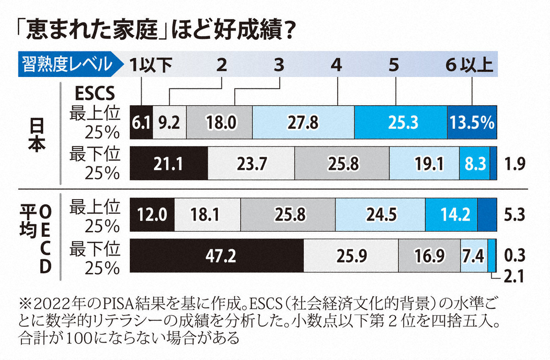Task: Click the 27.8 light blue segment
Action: pyautogui.click(x=303, y=122)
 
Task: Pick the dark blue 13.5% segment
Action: pyautogui.click(x=472, y=122)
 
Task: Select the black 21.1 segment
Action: pyautogui.click(x=169, y=164)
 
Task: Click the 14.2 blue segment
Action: pyautogui.click(x=451, y=214)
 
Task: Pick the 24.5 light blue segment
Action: pyautogui.click(x=380, y=214)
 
